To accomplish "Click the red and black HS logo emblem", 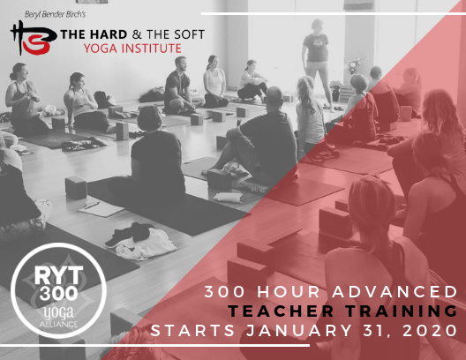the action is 33,38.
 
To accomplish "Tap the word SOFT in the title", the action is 189,34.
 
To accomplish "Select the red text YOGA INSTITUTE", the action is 132,49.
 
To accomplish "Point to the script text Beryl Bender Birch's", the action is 55,14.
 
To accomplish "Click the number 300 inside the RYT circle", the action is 58,293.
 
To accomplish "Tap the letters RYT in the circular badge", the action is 58,274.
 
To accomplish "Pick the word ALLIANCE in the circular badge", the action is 58,324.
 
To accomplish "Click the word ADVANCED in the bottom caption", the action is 395,292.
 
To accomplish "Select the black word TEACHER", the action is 281,311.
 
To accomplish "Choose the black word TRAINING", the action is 402,311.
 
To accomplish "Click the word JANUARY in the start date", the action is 299,331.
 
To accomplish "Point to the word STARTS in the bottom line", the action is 192,331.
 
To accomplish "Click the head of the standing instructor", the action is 317,26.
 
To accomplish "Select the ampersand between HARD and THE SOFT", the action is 137,34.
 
